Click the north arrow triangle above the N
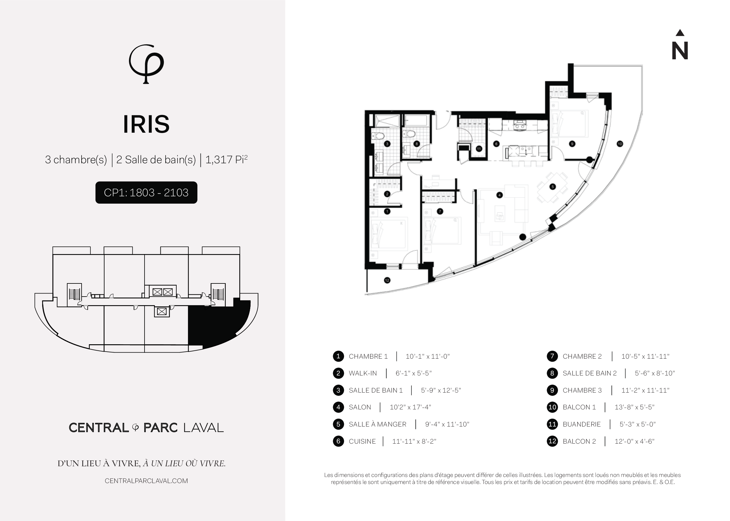680,33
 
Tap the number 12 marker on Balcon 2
387,280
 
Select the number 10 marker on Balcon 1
620,144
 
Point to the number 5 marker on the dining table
552,187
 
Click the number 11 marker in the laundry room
479,149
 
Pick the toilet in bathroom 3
378,136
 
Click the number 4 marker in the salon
499,195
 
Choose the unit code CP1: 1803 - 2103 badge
146,193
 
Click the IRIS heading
146,124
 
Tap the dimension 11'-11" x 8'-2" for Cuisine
414,441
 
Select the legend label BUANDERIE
581,424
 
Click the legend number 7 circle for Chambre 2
552,356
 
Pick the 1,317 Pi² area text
226,159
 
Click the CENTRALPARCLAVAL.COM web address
146,481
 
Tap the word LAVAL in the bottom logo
203,428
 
